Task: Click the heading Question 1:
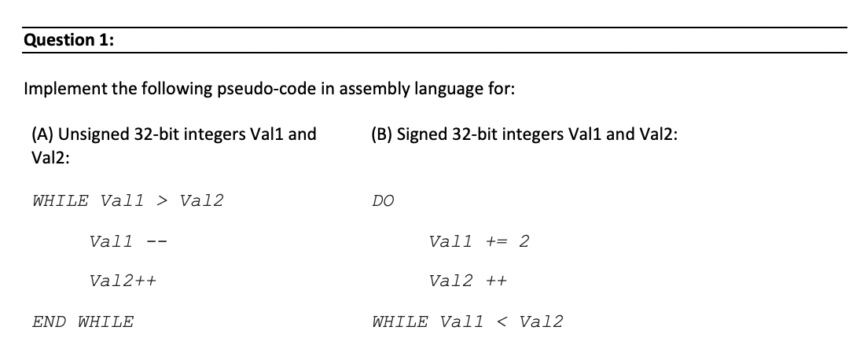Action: click(68, 40)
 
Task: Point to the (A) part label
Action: click(43, 134)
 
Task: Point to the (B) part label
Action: click(382, 134)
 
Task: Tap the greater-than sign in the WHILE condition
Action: click(162, 200)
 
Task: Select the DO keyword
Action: click(384, 200)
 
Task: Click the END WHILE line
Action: click(83, 321)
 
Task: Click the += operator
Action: click(498, 241)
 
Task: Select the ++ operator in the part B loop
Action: click(495, 281)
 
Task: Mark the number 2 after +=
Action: click(524, 241)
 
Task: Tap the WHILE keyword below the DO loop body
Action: click(401, 321)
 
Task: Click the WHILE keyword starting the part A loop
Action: click(61, 200)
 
